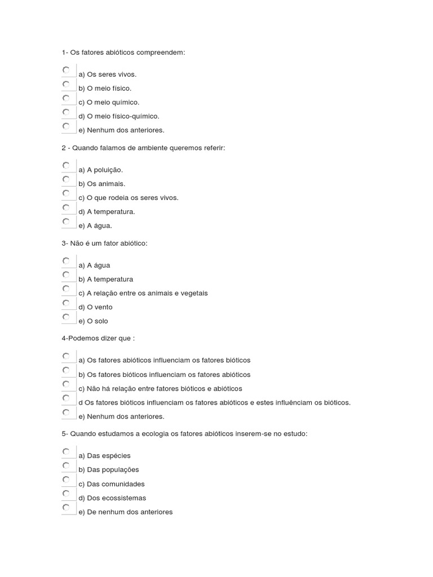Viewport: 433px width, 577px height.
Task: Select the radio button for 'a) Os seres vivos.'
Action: click(66, 70)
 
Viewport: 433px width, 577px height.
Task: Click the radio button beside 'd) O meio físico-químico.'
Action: click(66, 112)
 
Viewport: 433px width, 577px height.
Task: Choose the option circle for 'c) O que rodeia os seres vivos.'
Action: click(66, 193)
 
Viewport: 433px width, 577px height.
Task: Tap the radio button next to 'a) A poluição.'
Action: click(66, 166)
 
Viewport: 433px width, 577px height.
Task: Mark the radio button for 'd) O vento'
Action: click(66, 303)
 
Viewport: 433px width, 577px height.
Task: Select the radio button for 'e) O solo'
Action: click(66, 317)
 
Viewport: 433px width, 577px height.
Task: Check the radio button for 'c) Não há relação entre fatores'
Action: click(66, 384)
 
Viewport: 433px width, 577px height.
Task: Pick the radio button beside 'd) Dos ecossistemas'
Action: click(66, 494)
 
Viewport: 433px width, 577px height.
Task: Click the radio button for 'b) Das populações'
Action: click(66, 465)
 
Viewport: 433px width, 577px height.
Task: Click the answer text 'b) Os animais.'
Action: click(102, 184)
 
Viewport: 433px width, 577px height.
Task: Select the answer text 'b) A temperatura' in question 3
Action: click(106, 279)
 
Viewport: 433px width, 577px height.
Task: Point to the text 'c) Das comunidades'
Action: click(112, 484)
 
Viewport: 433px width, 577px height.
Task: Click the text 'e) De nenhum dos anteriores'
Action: click(126, 512)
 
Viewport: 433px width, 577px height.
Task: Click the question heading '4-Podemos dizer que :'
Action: click(98, 338)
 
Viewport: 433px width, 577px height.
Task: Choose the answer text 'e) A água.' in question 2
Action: click(95, 226)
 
